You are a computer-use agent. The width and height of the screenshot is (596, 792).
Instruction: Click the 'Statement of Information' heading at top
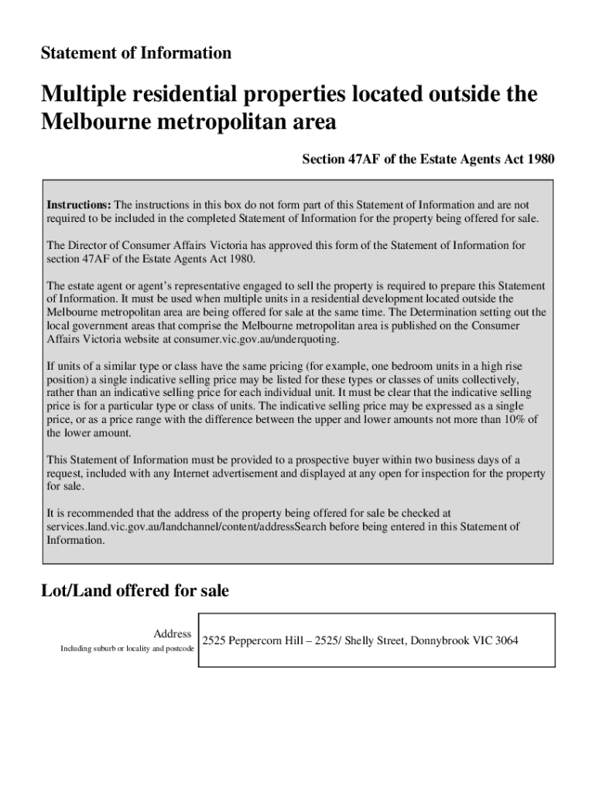point(136,53)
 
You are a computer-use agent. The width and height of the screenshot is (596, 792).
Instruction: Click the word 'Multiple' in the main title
point(84,95)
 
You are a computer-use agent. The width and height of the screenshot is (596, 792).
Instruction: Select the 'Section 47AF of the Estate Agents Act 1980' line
point(428,160)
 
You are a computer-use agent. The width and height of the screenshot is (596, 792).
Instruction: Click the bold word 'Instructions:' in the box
point(79,205)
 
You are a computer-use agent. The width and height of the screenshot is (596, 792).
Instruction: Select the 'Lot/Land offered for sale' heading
point(135,592)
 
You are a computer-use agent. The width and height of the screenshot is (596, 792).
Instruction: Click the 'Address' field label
point(172,634)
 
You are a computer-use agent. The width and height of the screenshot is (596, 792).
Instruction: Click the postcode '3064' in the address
point(506,641)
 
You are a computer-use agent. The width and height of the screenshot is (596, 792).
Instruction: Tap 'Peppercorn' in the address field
point(258,641)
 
